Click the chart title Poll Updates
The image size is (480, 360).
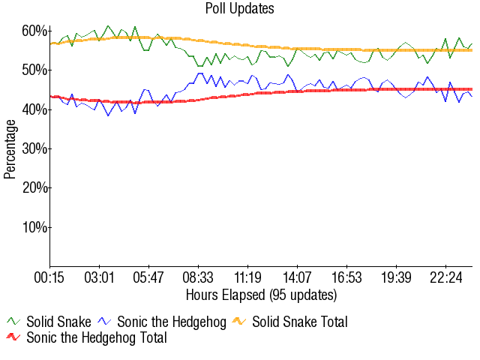[240, 9]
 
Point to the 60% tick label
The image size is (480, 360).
[35, 31]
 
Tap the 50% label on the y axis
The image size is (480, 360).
[35, 70]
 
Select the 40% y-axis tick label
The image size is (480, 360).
[35, 109]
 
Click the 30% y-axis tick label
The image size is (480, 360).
[35, 148]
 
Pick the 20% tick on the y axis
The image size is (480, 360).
[35, 187]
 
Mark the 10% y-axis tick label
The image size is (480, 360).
[35, 227]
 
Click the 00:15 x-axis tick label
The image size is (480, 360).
[50, 277]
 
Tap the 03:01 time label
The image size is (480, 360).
[100, 277]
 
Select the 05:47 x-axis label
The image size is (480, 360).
[148, 277]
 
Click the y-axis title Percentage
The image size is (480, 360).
[10, 148]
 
